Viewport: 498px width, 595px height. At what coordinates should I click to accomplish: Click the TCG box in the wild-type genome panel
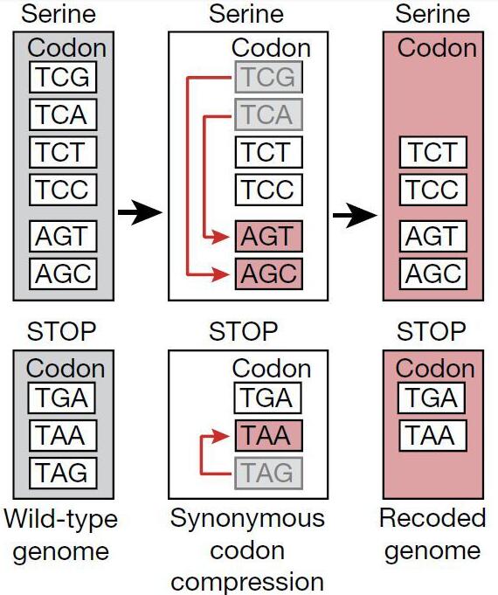point(63,77)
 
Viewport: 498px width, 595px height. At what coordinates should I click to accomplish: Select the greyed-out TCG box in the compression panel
point(269,77)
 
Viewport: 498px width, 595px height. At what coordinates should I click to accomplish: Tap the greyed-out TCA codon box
point(269,114)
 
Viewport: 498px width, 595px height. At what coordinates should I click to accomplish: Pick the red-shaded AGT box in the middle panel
point(269,236)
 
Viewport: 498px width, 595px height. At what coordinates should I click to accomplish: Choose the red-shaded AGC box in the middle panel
point(269,273)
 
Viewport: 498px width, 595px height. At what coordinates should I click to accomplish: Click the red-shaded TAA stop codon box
point(269,435)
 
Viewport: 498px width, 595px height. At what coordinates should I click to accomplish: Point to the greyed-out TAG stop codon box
point(269,473)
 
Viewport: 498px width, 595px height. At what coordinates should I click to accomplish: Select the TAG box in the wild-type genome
point(63,473)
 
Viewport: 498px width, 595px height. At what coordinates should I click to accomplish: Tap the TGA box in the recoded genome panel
point(432,398)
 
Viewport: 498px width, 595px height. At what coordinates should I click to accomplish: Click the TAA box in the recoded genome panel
point(432,435)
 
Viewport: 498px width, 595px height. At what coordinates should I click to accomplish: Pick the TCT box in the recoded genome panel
point(433,152)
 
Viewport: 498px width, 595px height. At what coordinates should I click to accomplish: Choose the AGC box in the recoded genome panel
point(433,273)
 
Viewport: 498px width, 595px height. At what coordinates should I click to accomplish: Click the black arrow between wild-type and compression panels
point(140,212)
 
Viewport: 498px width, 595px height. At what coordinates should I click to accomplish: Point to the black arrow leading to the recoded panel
point(356,215)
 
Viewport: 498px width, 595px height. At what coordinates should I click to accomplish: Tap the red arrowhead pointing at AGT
point(221,237)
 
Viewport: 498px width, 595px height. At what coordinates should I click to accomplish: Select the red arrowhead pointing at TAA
point(221,436)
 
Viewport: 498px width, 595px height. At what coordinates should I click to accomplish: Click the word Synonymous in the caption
point(247,519)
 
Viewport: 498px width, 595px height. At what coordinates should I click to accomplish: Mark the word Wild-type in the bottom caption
point(61,519)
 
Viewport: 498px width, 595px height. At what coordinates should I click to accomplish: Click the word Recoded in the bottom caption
point(432,517)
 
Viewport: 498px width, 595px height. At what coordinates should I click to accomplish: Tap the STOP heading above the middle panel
point(243,331)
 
